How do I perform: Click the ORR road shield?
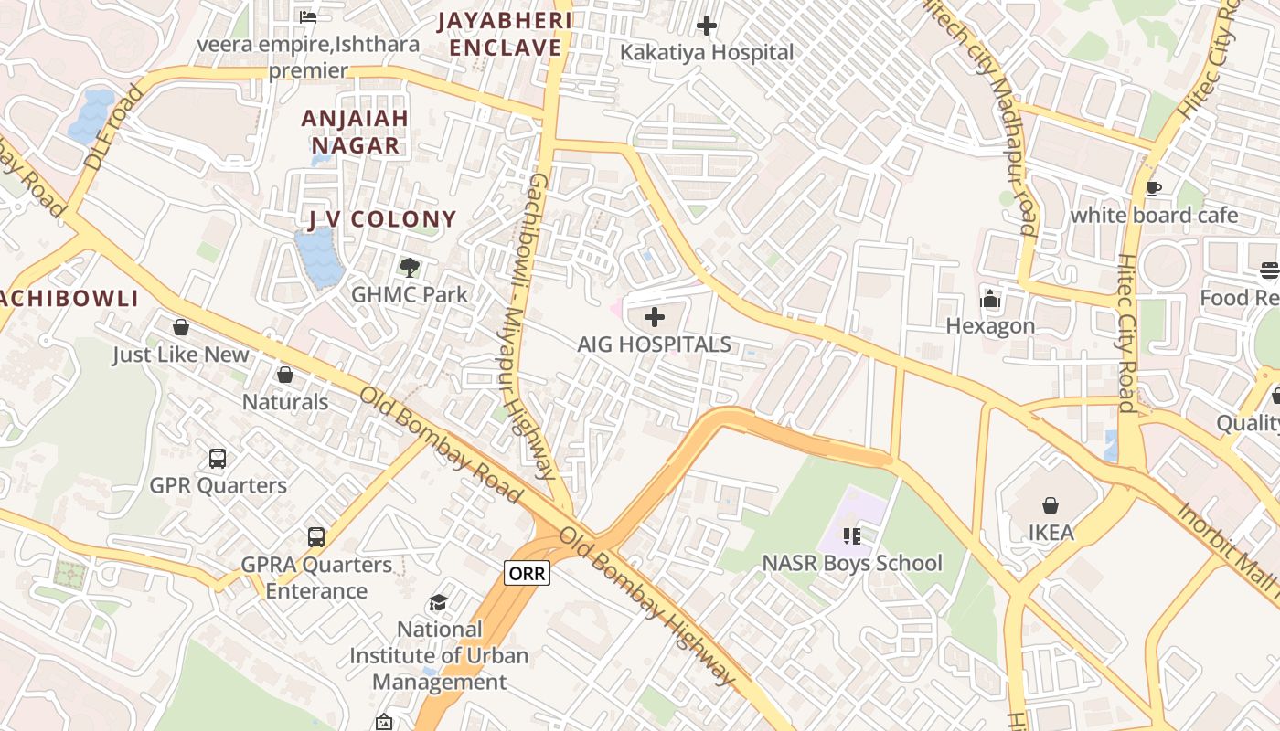pyautogui.click(x=527, y=574)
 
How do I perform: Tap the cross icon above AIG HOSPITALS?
pyautogui.click(x=655, y=318)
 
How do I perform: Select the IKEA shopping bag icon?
pyautogui.click(x=1051, y=505)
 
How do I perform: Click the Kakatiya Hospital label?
pyautogui.click(x=707, y=52)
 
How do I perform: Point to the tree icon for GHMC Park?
pyautogui.click(x=410, y=268)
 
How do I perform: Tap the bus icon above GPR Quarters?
pyautogui.click(x=218, y=459)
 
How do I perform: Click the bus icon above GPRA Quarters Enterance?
pyautogui.click(x=316, y=537)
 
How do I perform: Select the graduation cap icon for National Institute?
pyautogui.click(x=439, y=603)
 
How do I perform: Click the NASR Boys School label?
pyautogui.click(x=851, y=563)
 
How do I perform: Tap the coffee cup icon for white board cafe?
pyautogui.click(x=1154, y=189)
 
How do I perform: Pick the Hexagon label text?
pyautogui.click(x=990, y=325)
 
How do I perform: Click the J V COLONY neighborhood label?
pyautogui.click(x=381, y=219)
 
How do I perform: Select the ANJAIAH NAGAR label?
pyautogui.click(x=355, y=132)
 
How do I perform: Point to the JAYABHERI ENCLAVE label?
pyautogui.click(x=505, y=34)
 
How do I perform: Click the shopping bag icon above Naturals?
pyautogui.click(x=285, y=375)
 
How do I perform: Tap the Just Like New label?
pyautogui.click(x=180, y=355)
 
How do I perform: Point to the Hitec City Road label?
pyautogui.click(x=1126, y=334)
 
